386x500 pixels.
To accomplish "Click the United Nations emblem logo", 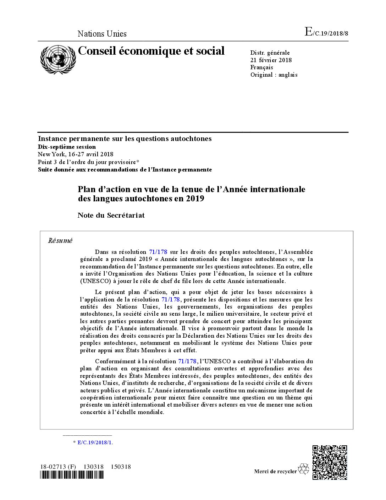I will (x=58, y=59).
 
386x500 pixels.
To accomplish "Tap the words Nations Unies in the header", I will (x=102, y=34).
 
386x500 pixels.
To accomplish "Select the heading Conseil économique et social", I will (x=151, y=51).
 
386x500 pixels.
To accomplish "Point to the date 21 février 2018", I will (x=271, y=60).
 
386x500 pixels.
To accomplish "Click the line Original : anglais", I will (x=274, y=75).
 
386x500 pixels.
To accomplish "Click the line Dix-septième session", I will (x=67, y=147).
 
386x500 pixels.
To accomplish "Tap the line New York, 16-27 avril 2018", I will (x=76, y=154).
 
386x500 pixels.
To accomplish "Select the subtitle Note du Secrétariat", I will (x=111, y=215).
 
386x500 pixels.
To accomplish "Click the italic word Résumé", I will (x=60, y=241).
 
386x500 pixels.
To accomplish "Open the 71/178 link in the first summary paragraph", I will (x=158, y=252).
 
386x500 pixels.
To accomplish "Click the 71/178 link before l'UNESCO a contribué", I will (x=187, y=361).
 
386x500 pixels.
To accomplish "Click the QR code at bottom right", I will (x=330, y=462).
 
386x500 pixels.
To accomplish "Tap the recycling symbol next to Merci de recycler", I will (x=304, y=469).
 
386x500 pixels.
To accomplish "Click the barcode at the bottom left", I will (x=71, y=475).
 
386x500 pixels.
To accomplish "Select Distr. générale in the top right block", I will (x=270, y=53).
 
